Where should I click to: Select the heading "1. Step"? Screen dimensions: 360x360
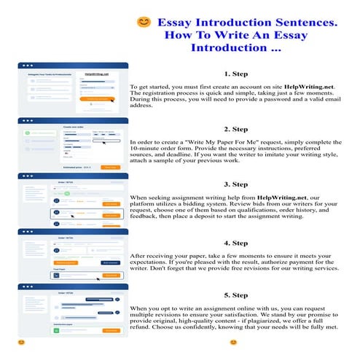tap(237, 74)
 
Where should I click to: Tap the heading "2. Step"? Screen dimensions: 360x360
tap(237, 128)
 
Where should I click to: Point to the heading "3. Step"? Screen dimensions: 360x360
tap(237, 184)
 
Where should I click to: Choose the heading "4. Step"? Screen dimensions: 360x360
tap(237, 243)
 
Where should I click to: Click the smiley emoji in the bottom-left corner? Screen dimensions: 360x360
tap(22, 341)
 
